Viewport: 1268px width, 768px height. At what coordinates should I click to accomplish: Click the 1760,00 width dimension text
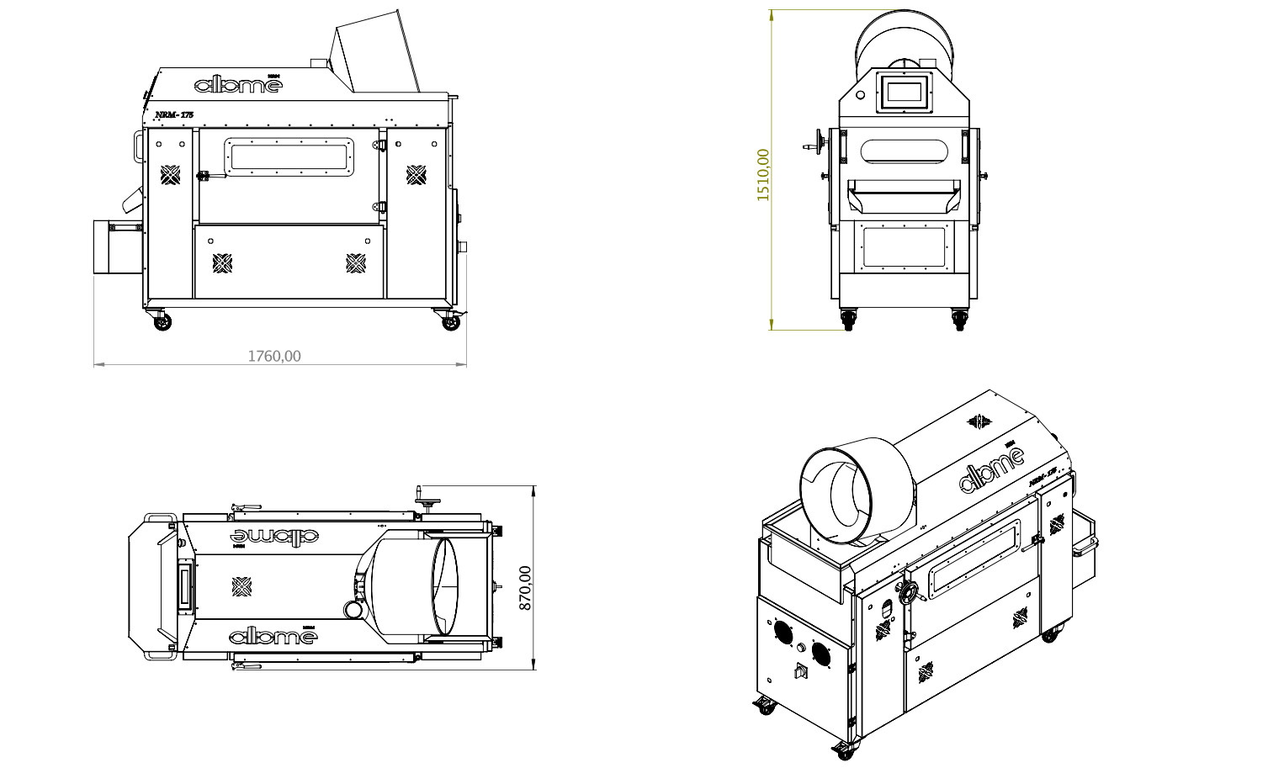(x=273, y=356)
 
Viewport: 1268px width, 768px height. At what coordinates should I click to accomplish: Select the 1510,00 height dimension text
(x=763, y=174)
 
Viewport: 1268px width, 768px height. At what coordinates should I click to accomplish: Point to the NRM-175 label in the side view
(x=174, y=114)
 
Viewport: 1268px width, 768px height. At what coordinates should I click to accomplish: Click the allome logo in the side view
(x=238, y=84)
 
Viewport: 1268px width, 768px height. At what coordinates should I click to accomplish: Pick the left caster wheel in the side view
(x=161, y=321)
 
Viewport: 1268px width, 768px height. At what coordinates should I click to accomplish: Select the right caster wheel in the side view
(x=451, y=321)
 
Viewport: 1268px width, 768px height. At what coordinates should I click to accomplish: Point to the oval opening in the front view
(x=905, y=151)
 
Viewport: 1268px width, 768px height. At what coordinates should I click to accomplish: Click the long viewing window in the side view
(x=289, y=157)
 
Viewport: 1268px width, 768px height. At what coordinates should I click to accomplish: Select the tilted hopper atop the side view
(x=376, y=52)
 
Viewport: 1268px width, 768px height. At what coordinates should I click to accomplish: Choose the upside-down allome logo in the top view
(x=273, y=535)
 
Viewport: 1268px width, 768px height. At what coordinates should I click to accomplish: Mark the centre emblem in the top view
(x=241, y=586)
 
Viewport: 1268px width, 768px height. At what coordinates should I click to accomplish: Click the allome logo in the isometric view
(x=993, y=471)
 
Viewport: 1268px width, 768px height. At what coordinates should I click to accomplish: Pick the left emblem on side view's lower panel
(x=222, y=263)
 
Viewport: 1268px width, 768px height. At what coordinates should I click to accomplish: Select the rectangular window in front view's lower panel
(x=905, y=247)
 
